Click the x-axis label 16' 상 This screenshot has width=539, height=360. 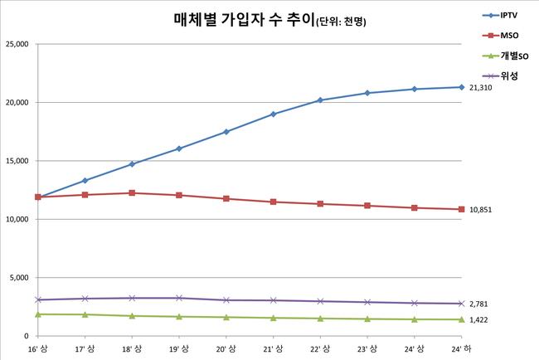(x=36, y=348)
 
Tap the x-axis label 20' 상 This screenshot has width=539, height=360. (x=226, y=348)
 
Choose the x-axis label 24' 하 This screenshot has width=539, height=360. (x=462, y=348)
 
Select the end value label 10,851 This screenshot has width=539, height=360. (x=481, y=210)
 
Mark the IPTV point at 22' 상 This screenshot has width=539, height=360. (x=320, y=100)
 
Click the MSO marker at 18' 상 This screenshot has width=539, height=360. (x=131, y=193)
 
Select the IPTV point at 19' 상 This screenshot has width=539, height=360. (x=178, y=148)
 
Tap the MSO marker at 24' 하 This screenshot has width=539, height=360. (x=462, y=209)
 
